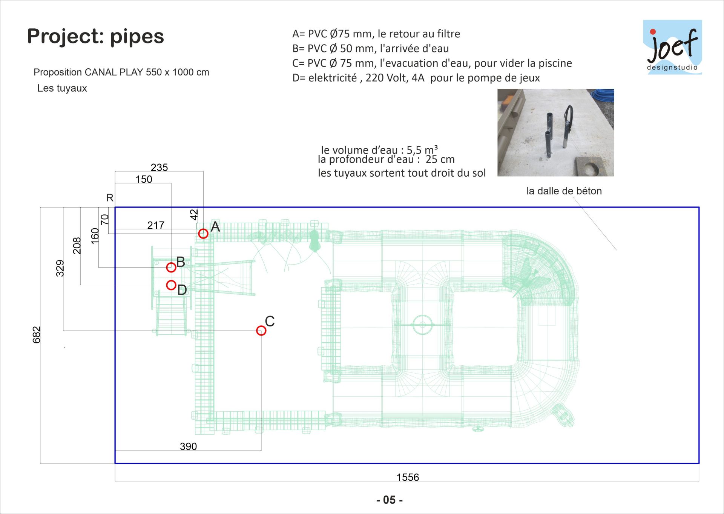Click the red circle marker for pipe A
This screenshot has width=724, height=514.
203,229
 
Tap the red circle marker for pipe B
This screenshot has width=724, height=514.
171,263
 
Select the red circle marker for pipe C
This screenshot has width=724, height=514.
261,326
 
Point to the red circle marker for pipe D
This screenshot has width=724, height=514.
171,280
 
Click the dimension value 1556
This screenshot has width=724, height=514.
408,477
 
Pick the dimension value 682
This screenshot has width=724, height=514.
36,335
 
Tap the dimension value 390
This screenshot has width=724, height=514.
188,446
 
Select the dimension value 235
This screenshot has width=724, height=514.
159,167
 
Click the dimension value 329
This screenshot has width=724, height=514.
60,268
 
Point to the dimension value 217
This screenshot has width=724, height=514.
156,225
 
